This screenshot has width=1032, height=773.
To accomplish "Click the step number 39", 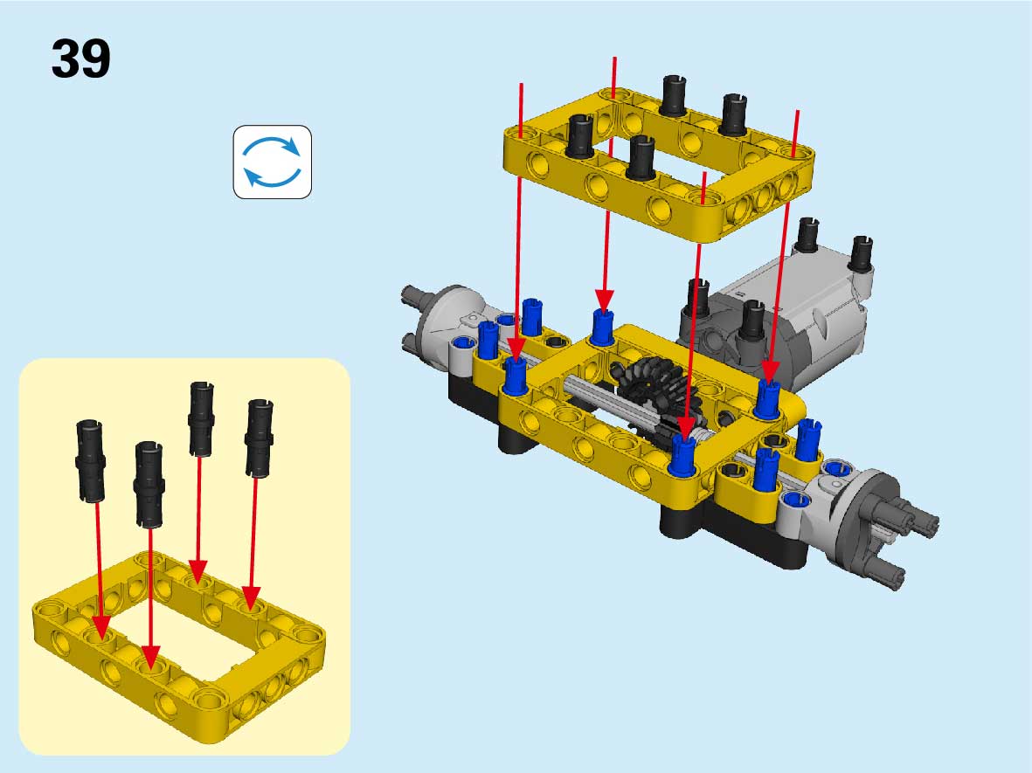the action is pos(81,59).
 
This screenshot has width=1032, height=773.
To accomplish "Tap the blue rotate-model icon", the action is pos(273,162).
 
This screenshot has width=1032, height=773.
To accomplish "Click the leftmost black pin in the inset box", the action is pos(90,461).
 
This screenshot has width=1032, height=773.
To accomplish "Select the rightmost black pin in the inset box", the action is pos(260,438).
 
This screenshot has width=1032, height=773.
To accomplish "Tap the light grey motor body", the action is pos(790,316).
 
